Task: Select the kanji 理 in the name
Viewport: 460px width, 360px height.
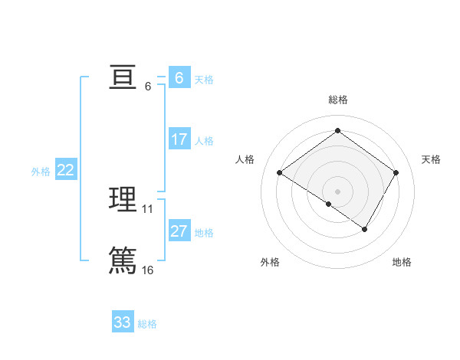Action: (123, 199)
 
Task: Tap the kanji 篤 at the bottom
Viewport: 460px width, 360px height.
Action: (123, 260)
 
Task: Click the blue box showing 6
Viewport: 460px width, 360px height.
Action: (179, 78)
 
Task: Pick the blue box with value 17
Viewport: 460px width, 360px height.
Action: (179, 139)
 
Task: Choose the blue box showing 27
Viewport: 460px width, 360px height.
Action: (179, 231)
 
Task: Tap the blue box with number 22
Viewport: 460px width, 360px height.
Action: (65, 170)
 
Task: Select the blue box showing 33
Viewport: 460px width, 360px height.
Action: (122, 322)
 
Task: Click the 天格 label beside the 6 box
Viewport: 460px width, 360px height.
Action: (204, 80)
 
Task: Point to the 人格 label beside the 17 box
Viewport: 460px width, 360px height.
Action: (204, 141)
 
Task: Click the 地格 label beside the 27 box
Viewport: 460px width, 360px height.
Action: (204, 233)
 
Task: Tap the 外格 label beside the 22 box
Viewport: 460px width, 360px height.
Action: (41, 172)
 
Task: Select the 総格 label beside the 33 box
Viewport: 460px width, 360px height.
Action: (147, 324)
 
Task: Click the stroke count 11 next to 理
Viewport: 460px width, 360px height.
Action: (148, 208)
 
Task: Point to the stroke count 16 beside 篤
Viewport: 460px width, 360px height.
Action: (148, 270)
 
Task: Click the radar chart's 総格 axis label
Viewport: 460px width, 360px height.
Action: (337, 100)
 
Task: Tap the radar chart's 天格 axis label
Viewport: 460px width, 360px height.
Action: (431, 159)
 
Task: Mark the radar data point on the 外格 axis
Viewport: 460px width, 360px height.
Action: (329, 204)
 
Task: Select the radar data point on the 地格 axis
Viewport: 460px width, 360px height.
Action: (365, 229)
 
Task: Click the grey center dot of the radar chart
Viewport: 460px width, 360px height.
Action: (337, 191)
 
